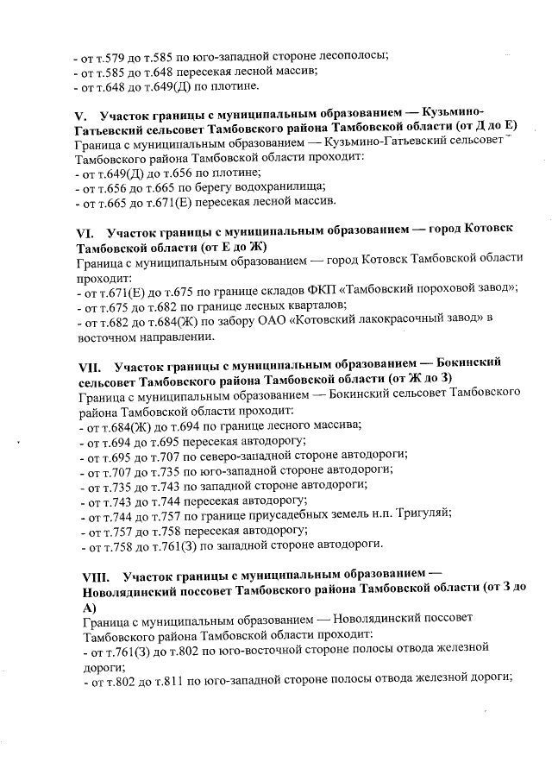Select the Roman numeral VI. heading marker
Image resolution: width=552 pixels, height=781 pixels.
[85, 230]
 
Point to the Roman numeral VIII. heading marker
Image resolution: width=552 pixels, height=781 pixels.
[92, 575]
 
